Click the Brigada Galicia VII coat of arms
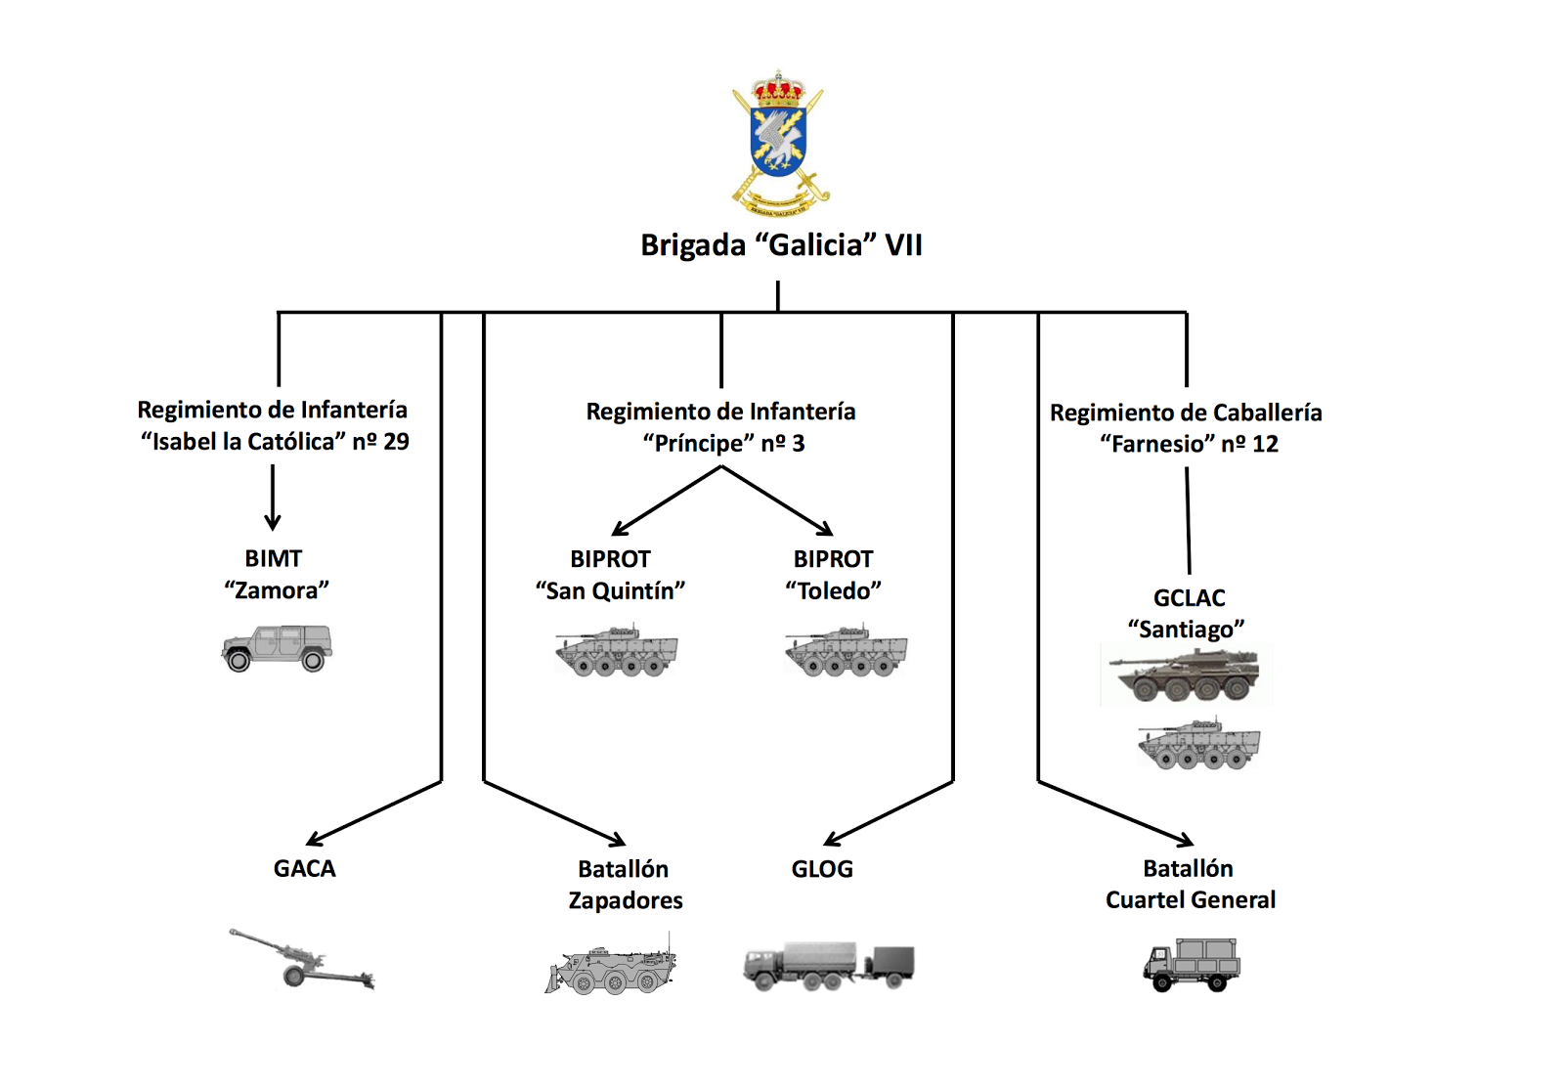click(779, 142)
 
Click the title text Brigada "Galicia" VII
click(781, 244)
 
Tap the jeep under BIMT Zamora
click(277, 648)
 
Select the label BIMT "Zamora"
click(275, 575)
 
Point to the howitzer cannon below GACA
click(301, 959)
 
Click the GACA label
click(304, 868)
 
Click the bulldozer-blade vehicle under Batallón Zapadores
click(611, 969)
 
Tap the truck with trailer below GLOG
click(828, 966)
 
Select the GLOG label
click(822, 868)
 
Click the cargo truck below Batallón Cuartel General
click(1192, 965)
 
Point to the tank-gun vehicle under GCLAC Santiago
click(1185, 675)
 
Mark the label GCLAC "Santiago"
click(1188, 613)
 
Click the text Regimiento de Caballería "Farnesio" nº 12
click(1187, 428)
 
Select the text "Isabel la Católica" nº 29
click(275, 442)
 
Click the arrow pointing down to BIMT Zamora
click(273, 499)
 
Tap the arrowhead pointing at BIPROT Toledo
click(826, 530)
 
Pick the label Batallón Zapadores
click(625, 885)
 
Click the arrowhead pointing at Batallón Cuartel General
click(1185, 840)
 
